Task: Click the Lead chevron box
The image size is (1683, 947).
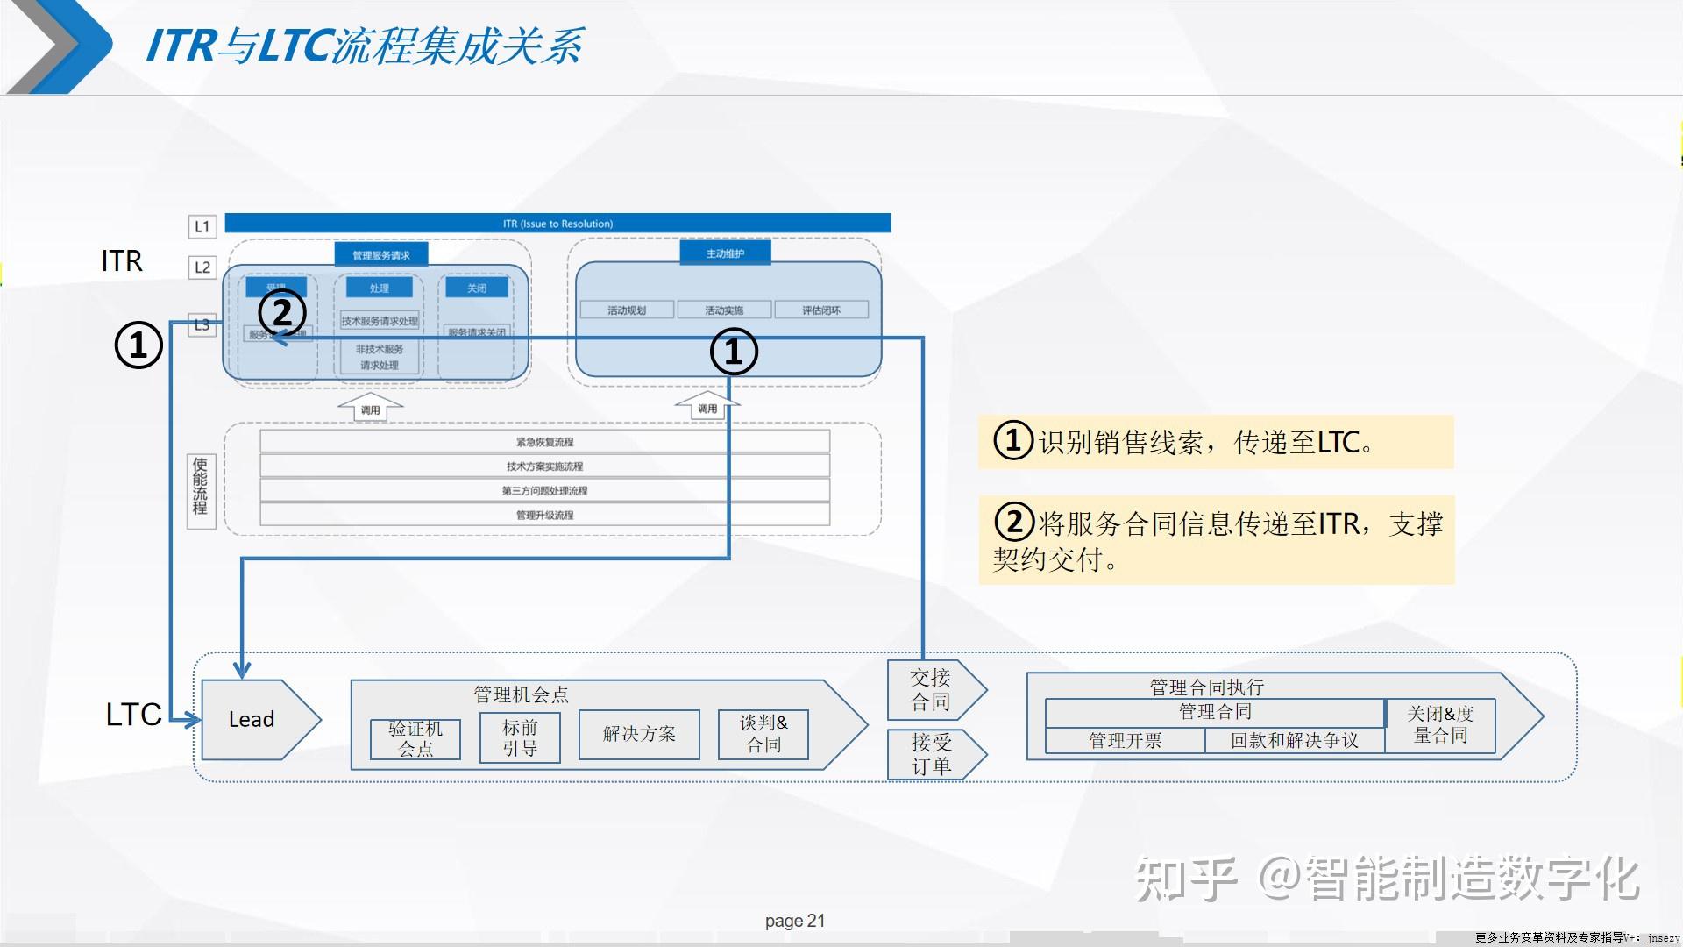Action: [252, 719]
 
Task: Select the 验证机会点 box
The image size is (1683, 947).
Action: [415, 738]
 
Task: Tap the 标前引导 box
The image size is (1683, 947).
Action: [520, 738]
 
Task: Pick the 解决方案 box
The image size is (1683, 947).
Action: [639, 734]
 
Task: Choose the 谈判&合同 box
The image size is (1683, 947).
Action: [763, 734]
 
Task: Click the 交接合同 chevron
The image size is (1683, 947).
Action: [931, 690]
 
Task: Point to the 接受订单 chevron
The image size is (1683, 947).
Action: [931, 754]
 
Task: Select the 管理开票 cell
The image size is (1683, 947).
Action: [1125, 741]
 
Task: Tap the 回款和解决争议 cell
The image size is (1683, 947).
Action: [1294, 741]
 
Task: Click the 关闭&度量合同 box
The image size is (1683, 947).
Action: [1440, 725]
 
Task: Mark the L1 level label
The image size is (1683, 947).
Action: [202, 227]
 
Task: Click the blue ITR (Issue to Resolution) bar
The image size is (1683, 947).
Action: [557, 224]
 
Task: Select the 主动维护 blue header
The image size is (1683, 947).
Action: [725, 253]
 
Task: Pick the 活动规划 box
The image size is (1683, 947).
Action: [627, 310]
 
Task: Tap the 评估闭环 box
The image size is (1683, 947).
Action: [820, 310]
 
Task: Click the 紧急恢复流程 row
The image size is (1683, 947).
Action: [544, 442]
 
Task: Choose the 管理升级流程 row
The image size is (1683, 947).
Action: [544, 515]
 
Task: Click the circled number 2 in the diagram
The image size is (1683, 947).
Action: [282, 313]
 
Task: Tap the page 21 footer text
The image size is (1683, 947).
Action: [794, 921]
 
